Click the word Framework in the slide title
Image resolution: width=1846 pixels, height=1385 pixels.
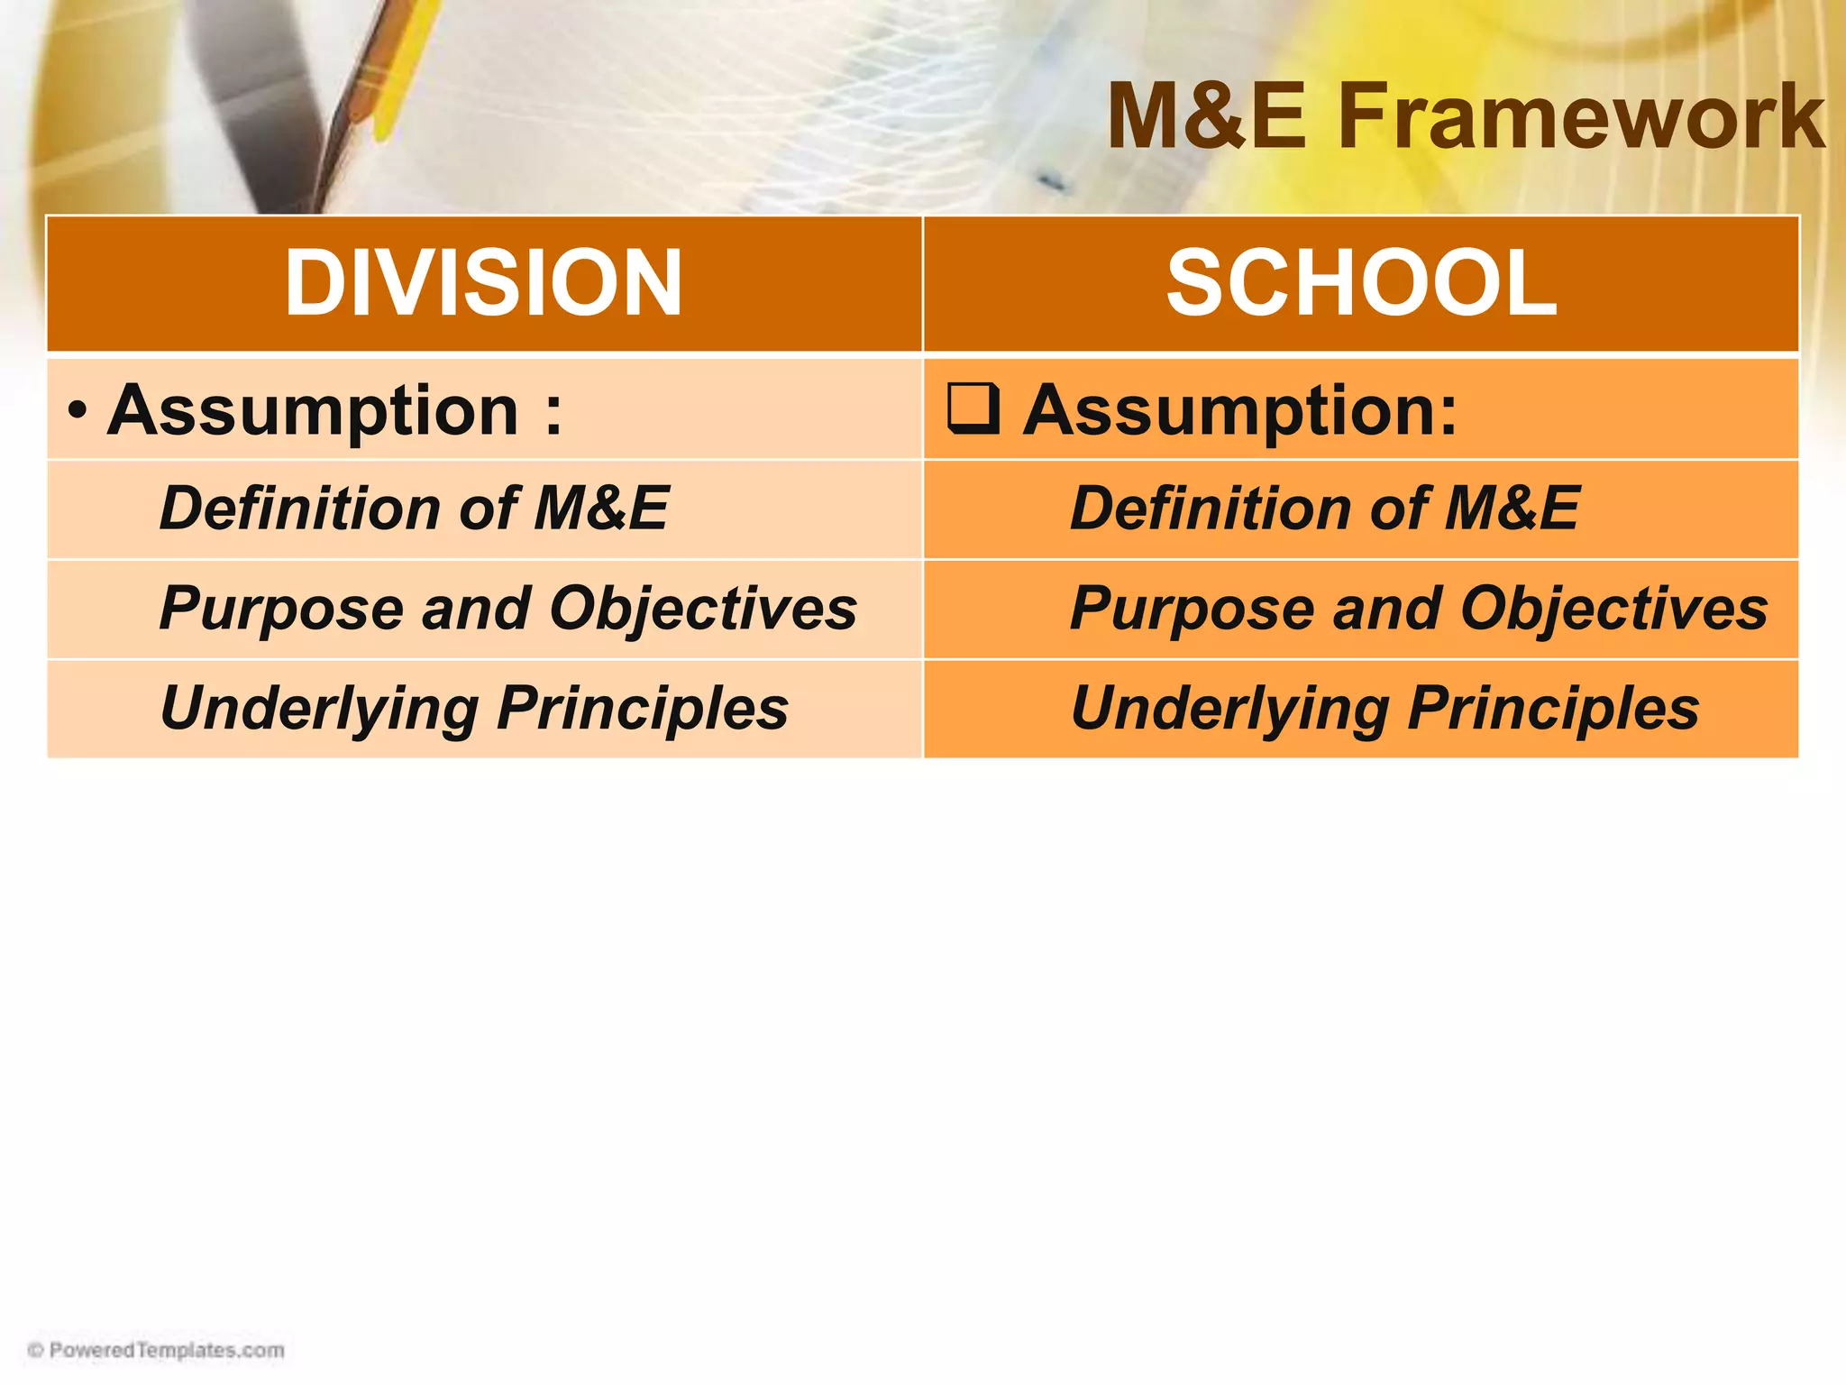[1582, 117]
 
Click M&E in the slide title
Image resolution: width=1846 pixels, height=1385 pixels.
[1206, 117]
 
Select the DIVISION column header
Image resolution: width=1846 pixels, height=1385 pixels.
[484, 283]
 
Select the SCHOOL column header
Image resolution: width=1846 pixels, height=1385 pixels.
[1361, 283]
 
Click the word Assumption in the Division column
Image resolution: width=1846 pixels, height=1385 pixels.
[313, 410]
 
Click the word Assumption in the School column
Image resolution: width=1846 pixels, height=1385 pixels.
[1239, 410]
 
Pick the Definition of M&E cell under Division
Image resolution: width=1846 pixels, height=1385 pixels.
[414, 508]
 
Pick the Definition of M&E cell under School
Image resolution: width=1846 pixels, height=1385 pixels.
[1324, 508]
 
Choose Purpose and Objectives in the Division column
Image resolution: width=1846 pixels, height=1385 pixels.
[507, 609]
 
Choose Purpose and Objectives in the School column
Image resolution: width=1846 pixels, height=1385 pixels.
[1419, 609]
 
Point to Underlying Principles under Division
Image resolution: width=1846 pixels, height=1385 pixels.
[474, 709]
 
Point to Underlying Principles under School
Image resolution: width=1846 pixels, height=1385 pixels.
[1384, 709]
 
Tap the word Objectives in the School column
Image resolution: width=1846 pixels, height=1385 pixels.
[1613, 609]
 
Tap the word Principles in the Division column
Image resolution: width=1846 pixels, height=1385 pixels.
[643, 709]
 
